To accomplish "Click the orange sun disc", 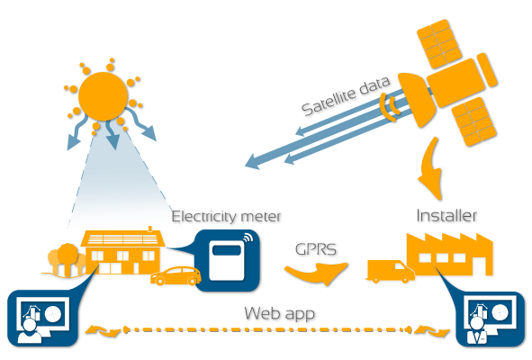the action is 103,96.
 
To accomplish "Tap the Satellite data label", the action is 346,95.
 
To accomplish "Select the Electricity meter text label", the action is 226,217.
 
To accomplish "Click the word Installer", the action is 446,216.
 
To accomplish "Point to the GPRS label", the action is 316,249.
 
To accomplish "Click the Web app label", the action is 280,313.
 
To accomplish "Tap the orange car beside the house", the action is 176,276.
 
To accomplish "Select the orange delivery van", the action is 390,272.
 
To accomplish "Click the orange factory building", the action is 449,255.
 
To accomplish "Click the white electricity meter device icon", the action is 226,260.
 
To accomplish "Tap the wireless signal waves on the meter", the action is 248,237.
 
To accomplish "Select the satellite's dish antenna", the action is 417,99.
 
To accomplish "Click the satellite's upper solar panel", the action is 439,44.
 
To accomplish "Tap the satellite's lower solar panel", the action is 474,121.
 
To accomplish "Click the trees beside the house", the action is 67,259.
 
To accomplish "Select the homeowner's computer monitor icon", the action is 44,316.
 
